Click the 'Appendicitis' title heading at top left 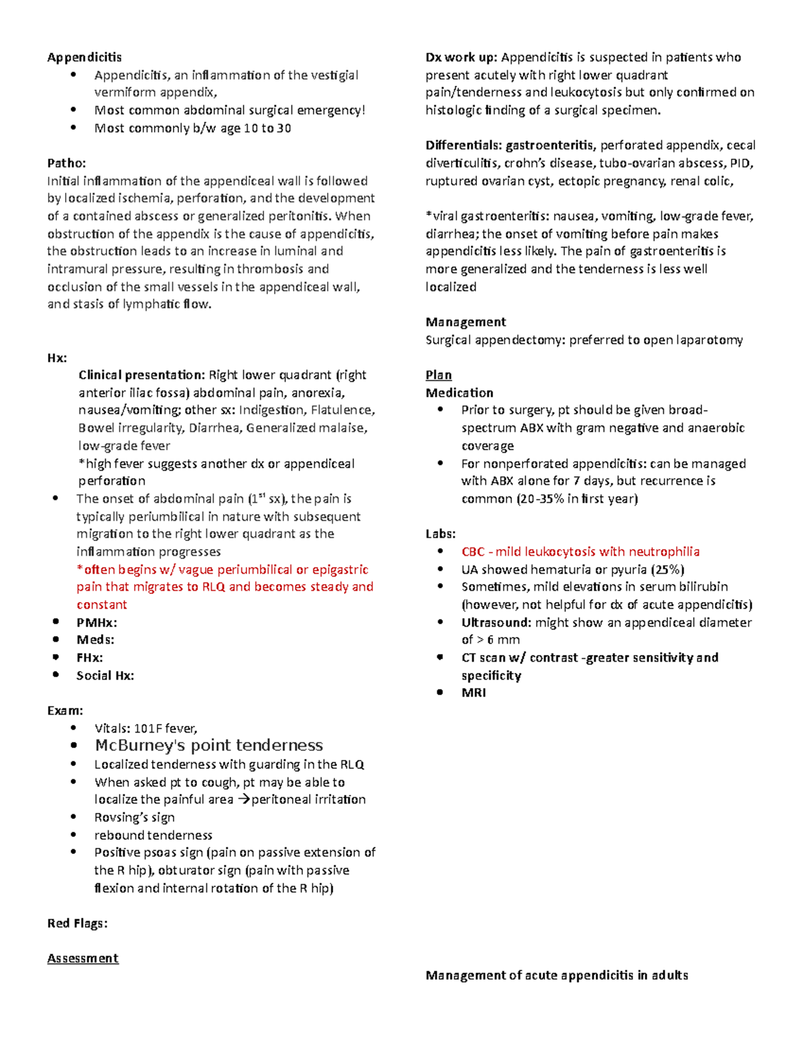(84, 57)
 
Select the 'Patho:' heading (66, 163)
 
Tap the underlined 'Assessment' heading (82, 958)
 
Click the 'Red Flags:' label (77, 923)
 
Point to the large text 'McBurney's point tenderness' (208, 745)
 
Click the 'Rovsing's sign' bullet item (134, 817)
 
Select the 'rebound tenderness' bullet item (153, 835)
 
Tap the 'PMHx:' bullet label (96, 622)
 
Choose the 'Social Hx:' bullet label (105, 675)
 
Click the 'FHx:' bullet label (90, 658)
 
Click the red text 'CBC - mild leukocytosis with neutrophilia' (580, 552)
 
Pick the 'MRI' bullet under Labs (474, 692)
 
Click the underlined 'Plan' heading (438, 375)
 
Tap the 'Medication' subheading (459, 392)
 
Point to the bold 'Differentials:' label (464, 145)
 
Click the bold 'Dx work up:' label (461, 57)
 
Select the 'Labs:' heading (440, 534)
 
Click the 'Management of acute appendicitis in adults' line (557, 975)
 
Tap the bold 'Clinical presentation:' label (141, 375)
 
